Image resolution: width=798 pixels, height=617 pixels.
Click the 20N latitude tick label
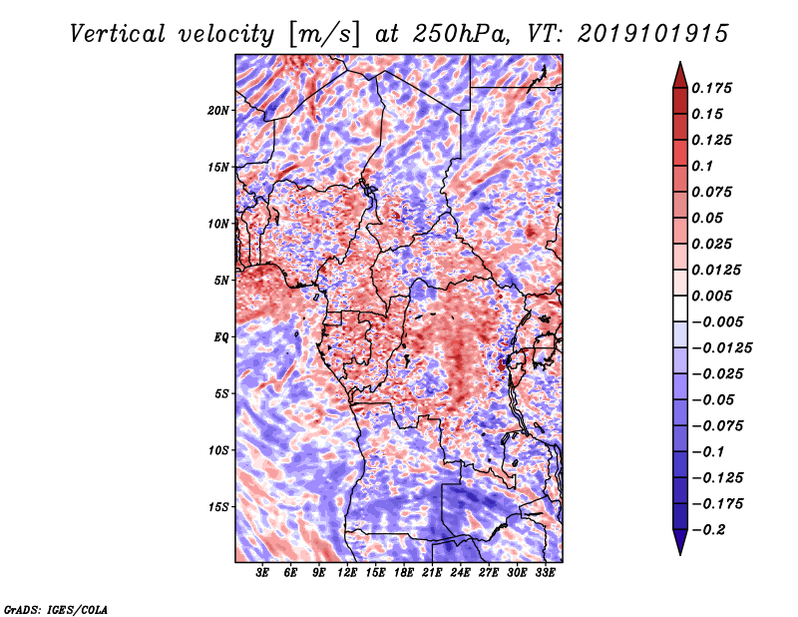coord(218,110)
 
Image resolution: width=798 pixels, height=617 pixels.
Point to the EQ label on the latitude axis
coord(220,336)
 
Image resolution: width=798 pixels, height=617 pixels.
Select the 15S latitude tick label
coord(218,506)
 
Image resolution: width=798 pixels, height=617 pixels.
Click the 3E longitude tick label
coord(263,573)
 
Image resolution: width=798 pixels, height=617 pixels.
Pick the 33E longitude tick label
coord(545,573)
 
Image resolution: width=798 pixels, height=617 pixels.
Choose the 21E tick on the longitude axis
coord(432,573)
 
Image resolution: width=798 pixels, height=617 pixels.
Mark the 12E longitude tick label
coord(347,573)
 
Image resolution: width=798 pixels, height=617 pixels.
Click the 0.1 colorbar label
coord(707,166)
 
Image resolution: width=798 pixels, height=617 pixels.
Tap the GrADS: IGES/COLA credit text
coord(55,608)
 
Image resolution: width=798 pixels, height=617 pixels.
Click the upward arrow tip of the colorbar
coord(679,65)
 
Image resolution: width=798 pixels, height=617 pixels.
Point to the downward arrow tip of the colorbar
coord(679,552)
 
